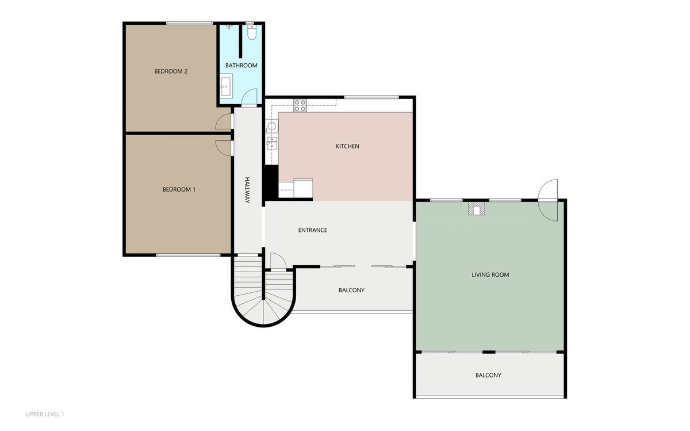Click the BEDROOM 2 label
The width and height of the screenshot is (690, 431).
tap(171, 71)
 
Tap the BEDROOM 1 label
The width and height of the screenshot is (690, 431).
tap(179, 189)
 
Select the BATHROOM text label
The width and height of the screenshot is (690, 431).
tap(241, 66)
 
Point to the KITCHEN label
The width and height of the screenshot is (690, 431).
tap(347, 146)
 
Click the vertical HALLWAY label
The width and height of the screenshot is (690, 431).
tap(247, 190)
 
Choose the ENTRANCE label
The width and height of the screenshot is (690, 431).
tap(313, 230)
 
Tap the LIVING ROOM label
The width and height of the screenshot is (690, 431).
tap(490, 275)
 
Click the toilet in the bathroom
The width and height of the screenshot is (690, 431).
tap(252, 32)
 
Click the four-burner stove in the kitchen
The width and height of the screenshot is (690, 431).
tap(300, 105)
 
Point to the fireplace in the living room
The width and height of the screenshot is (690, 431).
tap(477, 209)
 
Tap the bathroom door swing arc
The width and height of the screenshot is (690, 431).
tap(249, 97)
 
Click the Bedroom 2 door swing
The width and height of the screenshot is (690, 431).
tap(223, 121)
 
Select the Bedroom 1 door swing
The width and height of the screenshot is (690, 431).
tap(223, 148)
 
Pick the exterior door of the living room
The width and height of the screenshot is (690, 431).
tap(548, 200)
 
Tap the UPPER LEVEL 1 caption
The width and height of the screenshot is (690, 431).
tap(45, 414)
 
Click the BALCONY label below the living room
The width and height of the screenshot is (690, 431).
tap(488, 376)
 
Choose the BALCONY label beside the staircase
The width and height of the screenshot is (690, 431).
tap(351, 291)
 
